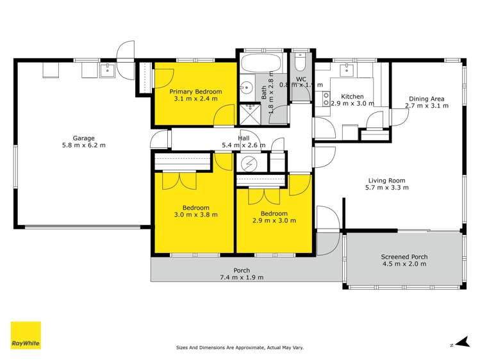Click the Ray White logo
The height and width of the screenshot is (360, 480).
click(26, 335)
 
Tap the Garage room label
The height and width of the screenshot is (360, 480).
click(83, 138)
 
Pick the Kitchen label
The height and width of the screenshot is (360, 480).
click(352, 96)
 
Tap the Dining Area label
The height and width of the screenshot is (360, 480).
click(427, 99)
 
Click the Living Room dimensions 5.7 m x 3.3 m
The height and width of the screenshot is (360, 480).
click(386, 188)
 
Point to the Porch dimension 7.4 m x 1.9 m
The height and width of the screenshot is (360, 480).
click(242, 277)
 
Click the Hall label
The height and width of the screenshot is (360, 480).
click(244, 138)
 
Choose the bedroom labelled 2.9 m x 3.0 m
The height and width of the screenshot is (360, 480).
click(274, 217)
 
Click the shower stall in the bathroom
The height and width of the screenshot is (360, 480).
click(247, 113)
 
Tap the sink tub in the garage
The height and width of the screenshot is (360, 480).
click(108, 68)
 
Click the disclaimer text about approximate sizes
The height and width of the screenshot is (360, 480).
click(240, 348)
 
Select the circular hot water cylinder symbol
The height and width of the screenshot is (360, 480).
click(247, 163)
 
